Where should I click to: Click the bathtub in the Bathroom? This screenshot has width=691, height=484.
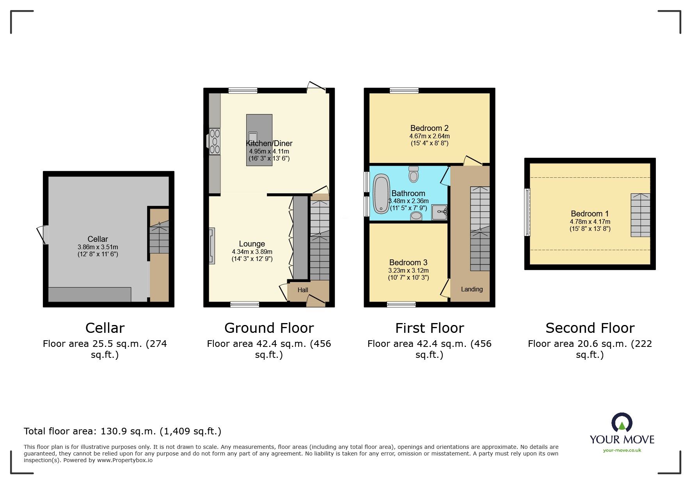click(x=381, y=194)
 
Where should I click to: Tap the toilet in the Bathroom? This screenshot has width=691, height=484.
click(x=414, y=174)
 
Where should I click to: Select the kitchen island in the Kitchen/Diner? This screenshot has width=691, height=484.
click(x=259, y=140)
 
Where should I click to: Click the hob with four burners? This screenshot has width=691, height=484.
click(x=215, y=141)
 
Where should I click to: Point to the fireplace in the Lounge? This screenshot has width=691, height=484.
click(x=212, y=246)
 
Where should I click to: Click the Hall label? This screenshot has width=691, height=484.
click(x=303, y=290)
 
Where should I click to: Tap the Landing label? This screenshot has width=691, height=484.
click(x=472, y=289)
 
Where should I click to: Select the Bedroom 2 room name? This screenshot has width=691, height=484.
click(x=429, y=128)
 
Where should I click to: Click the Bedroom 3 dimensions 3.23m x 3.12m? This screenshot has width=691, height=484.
click(x=408, y=270)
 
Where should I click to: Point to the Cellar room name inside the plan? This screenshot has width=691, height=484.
click(x=98, y=239)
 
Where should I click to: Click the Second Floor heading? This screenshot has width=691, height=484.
click(x=590, y=328)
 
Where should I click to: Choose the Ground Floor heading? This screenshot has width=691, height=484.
click(x=269, y=328)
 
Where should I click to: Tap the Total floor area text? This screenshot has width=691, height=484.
click(x=123, y=431)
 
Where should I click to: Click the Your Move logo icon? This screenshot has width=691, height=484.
click(x=622, y=423)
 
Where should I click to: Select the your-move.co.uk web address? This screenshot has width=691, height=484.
click(x=622, y=450)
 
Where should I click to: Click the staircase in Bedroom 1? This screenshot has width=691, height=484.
click(x=641, y=215)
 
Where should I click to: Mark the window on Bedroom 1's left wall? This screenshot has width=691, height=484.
click(x=527, y=212)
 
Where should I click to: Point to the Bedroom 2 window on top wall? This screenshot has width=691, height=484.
click(x=404, y=91)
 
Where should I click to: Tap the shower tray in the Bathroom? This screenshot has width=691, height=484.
click(x=439, y=213)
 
